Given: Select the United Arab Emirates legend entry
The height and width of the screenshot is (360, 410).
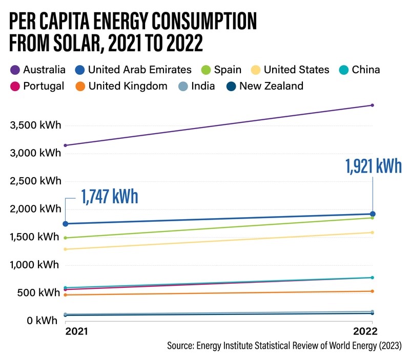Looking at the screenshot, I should [x=133, y=70].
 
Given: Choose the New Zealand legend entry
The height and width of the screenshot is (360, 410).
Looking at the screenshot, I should [x=264, y=86].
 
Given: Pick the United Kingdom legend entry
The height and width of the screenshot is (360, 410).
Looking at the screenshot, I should [x=121, y=86].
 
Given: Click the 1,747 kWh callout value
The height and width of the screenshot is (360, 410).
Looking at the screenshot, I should [x=108, y=197].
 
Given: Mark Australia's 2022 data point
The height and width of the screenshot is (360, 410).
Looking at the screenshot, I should [x=372, y=105].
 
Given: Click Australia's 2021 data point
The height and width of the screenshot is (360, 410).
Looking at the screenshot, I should [x=65, y=145].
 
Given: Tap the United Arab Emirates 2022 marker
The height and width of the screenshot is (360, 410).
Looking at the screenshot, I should [x=373, y=214].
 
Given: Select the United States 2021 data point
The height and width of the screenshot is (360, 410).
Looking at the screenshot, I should [x=65, y=249].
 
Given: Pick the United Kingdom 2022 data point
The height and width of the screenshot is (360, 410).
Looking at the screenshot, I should [x=372, y=291].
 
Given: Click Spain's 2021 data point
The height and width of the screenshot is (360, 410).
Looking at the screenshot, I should [x=65, y=238].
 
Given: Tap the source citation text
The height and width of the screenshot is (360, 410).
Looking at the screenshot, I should [x=284, y=347].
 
